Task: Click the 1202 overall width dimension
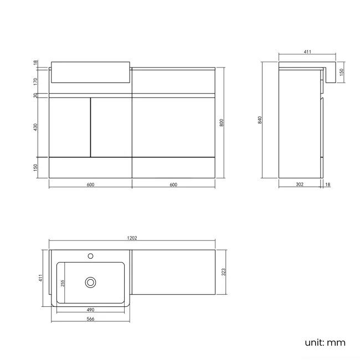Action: tap(132, 238)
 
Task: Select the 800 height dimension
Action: tap(222, 123)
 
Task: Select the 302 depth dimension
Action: tap(300, 184)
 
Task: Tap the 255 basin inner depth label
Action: tap(63, 282)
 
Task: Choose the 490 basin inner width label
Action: tap(91, 310)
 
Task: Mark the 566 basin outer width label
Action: tap(91, 319)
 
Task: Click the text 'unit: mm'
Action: tap(325, 343)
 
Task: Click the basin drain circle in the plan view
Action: tap(91, 282)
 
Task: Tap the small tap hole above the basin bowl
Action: tap(91, 256)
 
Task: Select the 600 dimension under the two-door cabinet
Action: tap(91, 184)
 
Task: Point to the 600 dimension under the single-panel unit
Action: tap(173, 184)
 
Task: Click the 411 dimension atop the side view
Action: tap(307, 52)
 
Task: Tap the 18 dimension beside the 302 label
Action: tap(328, 184)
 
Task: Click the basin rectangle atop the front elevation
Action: tap(91, 73)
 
